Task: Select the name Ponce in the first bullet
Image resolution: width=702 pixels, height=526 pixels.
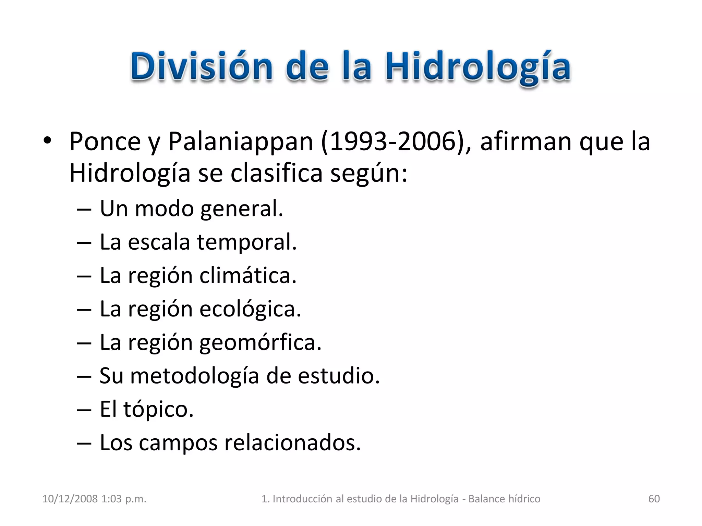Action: click(105, 141)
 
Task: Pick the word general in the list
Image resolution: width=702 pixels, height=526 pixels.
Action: click(242, 209)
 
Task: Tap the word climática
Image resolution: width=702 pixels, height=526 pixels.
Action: click(248, 275)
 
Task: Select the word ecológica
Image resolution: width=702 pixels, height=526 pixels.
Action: click(250, 309)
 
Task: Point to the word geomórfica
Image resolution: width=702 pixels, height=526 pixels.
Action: click(261, 342)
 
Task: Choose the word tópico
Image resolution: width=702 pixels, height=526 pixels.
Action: click(158, 409)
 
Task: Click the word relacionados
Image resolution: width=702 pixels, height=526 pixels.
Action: click(292, 442)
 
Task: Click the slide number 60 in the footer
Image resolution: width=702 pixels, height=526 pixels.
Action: click(654, 499)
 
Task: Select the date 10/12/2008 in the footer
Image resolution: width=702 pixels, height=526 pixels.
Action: click(70, 499)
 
